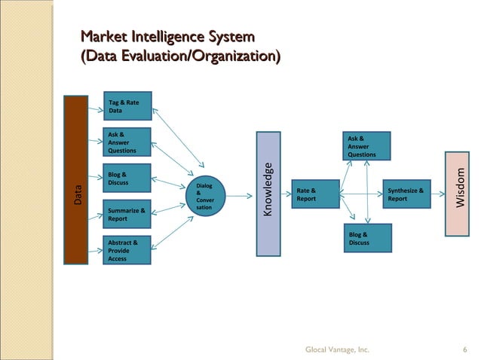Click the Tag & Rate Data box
(127, 106)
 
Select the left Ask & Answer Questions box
(127, 142)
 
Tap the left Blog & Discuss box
(127, 178)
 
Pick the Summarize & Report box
(127, 215)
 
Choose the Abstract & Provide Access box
(127, 250)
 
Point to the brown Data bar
(77, 180)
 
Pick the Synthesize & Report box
(407, 196)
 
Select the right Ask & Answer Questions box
(368, 146)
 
